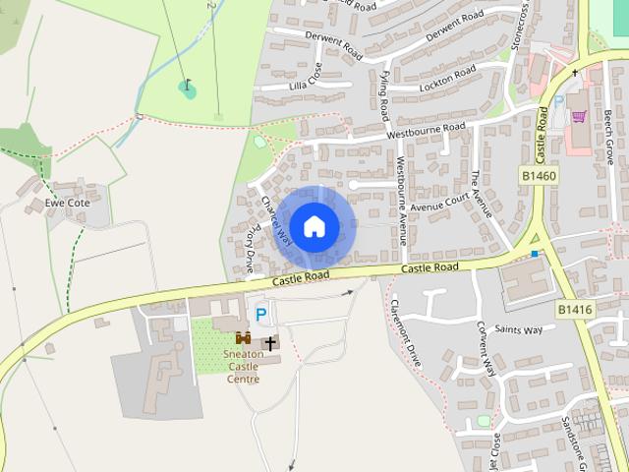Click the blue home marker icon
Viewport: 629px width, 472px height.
coord(314,227)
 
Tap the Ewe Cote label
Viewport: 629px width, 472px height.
coord(67,204)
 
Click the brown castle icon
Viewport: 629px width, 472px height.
coord(243,338)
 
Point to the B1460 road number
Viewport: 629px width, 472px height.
coord(539,175)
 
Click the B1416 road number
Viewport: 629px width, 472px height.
coord(575,309)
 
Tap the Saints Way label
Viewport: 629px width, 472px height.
coord(518,330)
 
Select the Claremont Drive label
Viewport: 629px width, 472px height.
coord(406,332)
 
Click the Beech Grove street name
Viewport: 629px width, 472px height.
coord(609,137)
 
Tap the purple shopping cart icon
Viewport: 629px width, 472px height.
coord(579,116)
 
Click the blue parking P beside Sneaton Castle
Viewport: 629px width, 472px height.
coord(260,315)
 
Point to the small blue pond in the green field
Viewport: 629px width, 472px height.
coord(187,88)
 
